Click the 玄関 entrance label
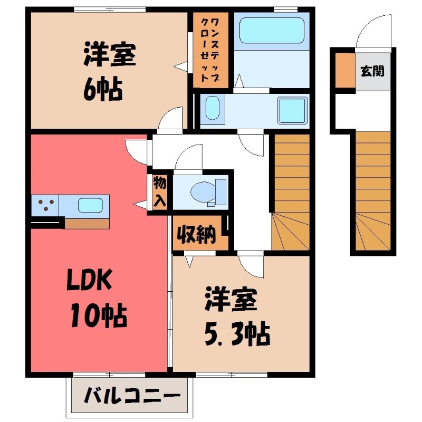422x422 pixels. tap(372, 71)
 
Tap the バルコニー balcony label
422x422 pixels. tap(130, 395)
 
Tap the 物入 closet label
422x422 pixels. tap(160, 191)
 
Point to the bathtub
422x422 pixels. tap(272, 31)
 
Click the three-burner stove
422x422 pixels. tap(45, 205)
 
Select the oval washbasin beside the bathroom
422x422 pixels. tap(212, 109)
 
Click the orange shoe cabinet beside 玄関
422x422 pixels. tap(345, 70)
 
